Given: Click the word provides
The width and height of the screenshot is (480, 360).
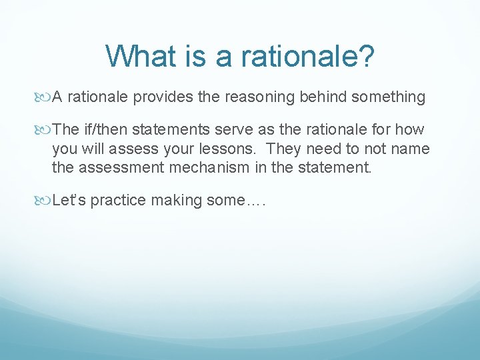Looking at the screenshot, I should (x=161, y=97).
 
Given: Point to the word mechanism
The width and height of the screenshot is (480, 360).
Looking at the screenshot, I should (x=211, y=167).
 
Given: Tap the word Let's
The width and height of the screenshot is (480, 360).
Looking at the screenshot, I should (x=69, y=201).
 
